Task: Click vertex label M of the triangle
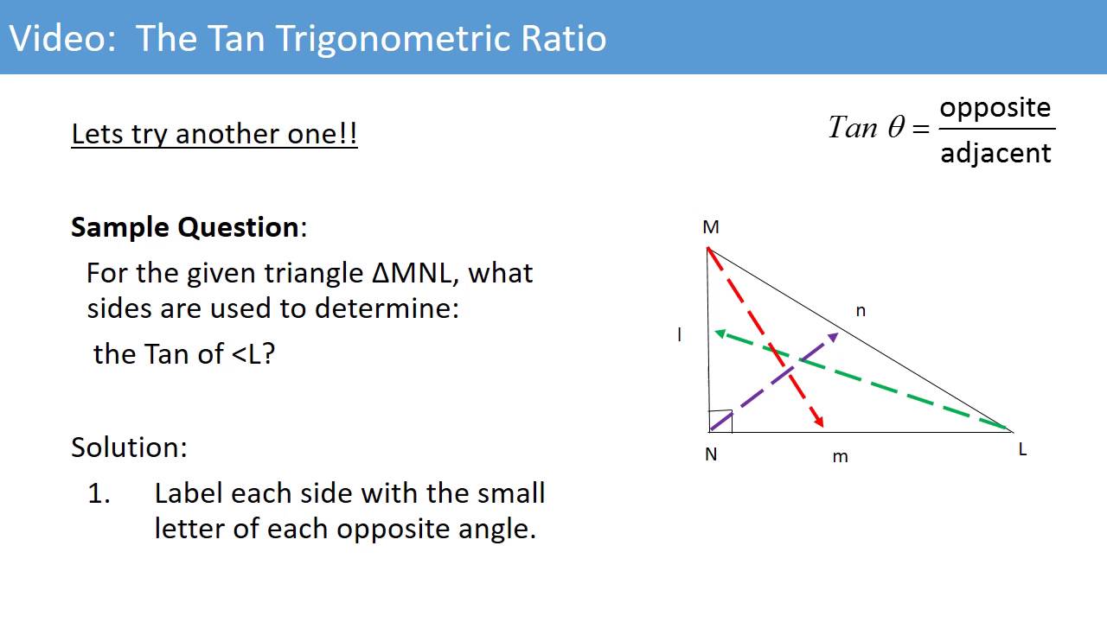click(711, 227)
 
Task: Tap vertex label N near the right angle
click(711, 454)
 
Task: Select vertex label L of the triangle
click(1022, 449)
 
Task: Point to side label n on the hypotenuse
click(861, 311)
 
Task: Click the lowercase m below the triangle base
click(840, 457)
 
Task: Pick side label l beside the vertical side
click(680, 334)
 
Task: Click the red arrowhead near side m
click(818, 422)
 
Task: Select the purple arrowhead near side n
click(832, 335)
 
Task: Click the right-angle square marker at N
click(721, 421)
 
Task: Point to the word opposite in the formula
click(995, 108)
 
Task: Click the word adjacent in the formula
click(995, 153)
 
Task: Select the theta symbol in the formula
click(895, 129)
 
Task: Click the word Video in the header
click(61, 38)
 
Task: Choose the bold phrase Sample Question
click(184, 227)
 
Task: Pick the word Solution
click(128, 447)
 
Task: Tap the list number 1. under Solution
click(99, 493)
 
